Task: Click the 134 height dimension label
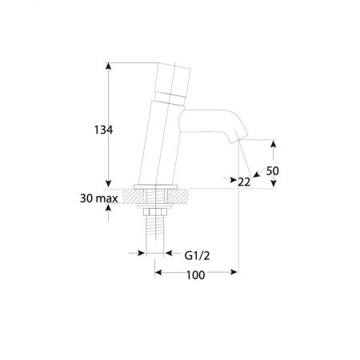(x=103, y=130)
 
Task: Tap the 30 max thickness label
(x=98, y=198)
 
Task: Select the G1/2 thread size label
(x=197, y=255)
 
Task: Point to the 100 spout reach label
(x=195, y=275)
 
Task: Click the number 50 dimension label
(x=273, y=171)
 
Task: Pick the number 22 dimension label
(x=244, y=182)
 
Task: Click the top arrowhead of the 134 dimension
(x=108, y=66)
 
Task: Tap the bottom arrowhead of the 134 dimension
(x=108, y=184)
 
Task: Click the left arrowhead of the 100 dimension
(x=158, y=272)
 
